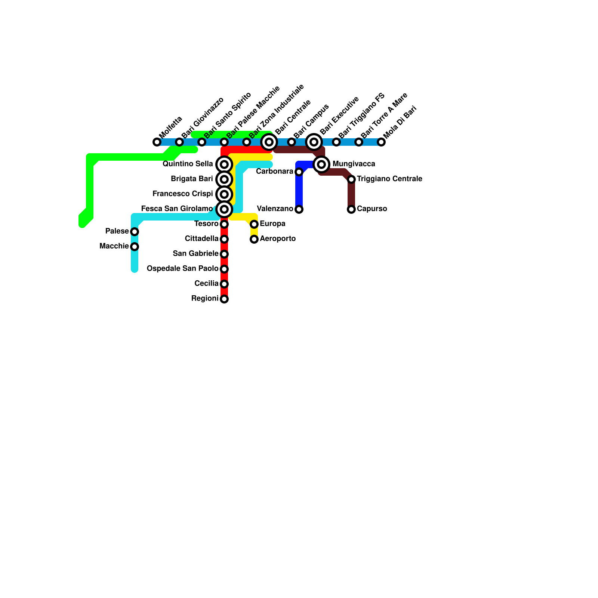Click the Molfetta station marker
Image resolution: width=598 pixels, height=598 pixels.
[157, 142]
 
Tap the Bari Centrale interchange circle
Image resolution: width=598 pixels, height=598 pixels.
[269, 142]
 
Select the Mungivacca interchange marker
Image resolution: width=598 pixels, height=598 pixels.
[321, 164]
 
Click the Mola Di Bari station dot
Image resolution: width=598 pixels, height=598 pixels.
[381, 142]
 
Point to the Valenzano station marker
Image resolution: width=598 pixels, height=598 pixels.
[299, 209]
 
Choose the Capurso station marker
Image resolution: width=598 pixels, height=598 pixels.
[351, 209]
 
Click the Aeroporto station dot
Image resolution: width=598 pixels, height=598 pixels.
[254, 239]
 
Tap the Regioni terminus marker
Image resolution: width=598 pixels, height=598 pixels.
[224, 299]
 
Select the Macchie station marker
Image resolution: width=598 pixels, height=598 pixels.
[135, 247]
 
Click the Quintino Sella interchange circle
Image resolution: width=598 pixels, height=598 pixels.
[224, 164]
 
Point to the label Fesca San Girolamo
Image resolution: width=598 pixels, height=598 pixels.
[177, 209]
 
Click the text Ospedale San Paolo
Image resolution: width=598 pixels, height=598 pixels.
[182, 268]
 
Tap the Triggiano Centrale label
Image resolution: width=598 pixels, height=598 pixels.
[389, 179]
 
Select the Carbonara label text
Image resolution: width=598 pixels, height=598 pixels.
[274, 172]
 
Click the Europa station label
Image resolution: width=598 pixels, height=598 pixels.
[272, 224]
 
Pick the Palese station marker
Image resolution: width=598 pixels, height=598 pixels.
[135, 232]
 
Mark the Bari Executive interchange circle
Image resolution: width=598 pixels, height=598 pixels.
[314, 142]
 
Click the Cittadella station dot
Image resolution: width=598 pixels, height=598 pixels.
[224, 239]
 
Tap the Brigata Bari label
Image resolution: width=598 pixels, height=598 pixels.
[192, 179]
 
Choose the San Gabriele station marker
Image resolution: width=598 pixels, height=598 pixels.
[224, 254]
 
